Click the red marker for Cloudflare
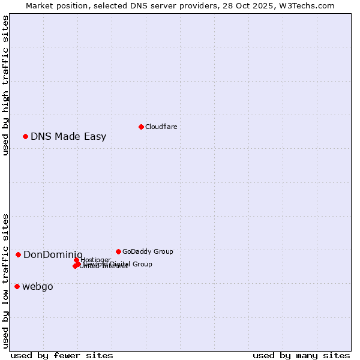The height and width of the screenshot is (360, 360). [141, 127]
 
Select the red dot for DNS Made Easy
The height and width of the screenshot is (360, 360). [25, 136]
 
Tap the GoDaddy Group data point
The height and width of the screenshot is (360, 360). [118, 251]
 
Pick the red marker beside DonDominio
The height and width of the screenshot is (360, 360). [18, 255]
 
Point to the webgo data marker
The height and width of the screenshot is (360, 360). [17, 286]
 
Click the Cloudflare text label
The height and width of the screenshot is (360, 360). [161, 127]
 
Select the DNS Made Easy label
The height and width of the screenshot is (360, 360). [68, 137]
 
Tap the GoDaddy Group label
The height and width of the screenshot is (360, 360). [148, 251]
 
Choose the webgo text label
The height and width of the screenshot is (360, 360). [38, 287]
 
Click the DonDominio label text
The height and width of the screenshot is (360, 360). [53, 255]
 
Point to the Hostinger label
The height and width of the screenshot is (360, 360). [95, 260]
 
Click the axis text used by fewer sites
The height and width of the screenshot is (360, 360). [62, 355]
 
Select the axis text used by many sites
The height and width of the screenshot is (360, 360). [301, 355]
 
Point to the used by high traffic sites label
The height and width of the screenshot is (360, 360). [6, 85]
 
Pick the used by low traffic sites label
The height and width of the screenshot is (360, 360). [6, 280]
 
